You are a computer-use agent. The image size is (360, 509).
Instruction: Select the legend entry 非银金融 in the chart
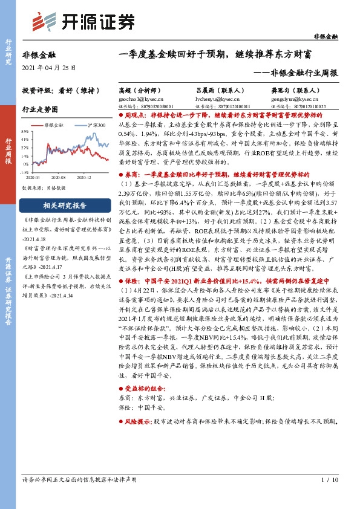point(55,123)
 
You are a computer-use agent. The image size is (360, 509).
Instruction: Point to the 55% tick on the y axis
point(24,131)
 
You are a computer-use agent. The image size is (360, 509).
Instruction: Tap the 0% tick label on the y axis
point(25,164)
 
